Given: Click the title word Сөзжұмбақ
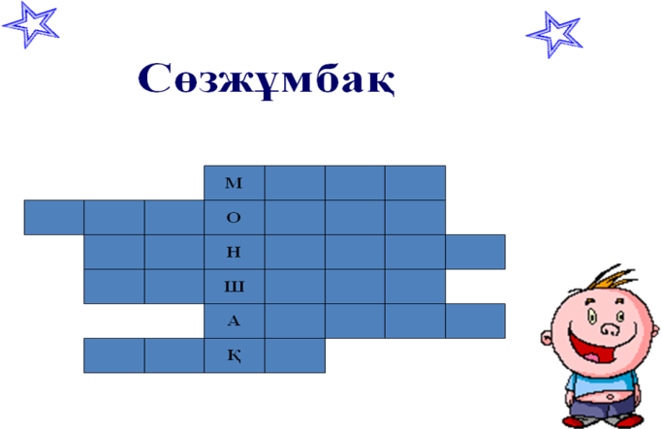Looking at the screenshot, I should pyautogui.click(x=267, y=79).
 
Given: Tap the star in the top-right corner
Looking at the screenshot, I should pyautogui.click(x=555, y=35).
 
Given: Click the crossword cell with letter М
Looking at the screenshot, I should pyautogui.click(x=234, y=183).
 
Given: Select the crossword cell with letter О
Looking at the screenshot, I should pyautogui.click(x=234, y=217).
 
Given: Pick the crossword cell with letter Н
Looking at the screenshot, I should pyautogui.click(x=234, y=252).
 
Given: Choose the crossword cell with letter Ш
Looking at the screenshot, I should pyautogui.click(x=234, y=287).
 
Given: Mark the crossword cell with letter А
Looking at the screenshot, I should pyautogui.click(x=234, y=321).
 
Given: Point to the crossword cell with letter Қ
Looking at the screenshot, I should pyautogui.click(x=234, y=355).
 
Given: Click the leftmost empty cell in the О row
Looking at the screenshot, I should pyautogui.click(x=54, y=217).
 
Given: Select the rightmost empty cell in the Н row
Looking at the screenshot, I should pyautogui.click(x=475, y=252).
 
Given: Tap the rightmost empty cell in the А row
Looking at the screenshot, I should pyautogui.click(x=475, y=321).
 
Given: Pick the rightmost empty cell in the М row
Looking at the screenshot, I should pyautogui.click(x=415, y=183).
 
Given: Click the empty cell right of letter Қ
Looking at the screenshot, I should pyautogui.click(x=294, y=355).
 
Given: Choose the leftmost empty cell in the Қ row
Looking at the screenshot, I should pyautogui.click(x=113, y=355).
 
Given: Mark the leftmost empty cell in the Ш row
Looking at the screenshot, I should pyautogui.click(x=113, y=287).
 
